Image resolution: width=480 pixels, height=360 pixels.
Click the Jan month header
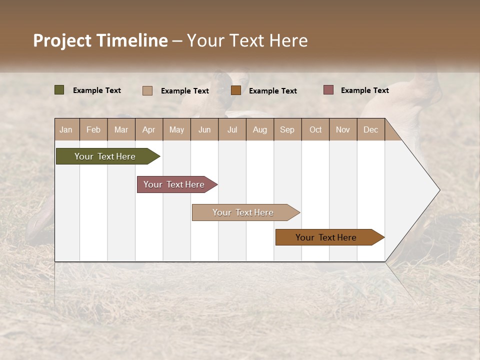(66, 129)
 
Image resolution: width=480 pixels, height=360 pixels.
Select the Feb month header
(93, 129)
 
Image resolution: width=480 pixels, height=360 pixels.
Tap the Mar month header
(121, 129)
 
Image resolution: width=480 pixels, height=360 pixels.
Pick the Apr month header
(148, 129)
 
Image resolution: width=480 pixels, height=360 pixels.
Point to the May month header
(176, 129)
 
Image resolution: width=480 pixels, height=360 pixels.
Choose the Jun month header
(204, 129)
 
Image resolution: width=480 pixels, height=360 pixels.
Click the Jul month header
(232, 129)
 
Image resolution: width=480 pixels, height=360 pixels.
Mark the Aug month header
(259, 129)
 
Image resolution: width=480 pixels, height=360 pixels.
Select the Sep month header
(287, 129)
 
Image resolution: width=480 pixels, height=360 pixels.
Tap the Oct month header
(315, 129)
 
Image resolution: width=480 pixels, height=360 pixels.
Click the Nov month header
(342, 129)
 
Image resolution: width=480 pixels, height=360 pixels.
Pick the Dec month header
(370, 129)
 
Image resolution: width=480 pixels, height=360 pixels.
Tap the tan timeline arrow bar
(243, 212)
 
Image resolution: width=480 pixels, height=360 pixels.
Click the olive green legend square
(59, 90)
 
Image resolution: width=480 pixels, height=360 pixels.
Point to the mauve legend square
(328, 90)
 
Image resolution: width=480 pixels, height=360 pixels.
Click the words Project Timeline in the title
(100, 40)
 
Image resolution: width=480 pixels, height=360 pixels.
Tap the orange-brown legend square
(236, 90)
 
